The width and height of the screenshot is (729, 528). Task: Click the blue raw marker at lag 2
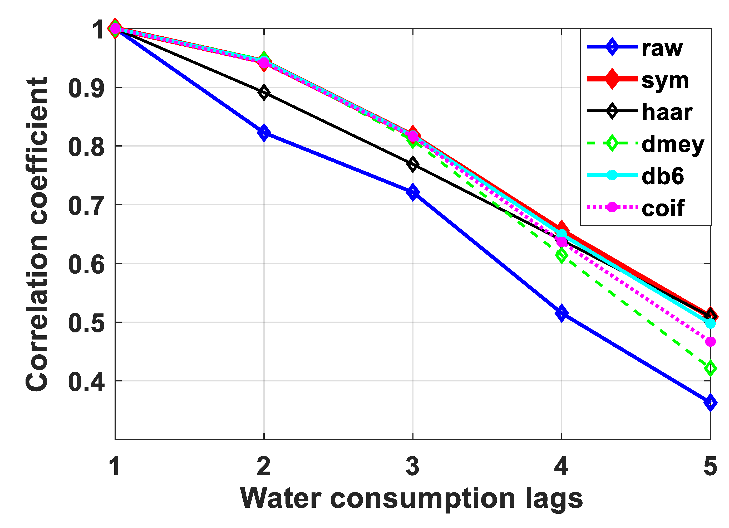click(x=264, y=133)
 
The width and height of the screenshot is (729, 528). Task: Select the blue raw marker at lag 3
click(x=413, y=192)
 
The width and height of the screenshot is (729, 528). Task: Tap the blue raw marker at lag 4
click(x=561, y=313)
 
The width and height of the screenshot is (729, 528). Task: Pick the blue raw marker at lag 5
click(x=710, y=403)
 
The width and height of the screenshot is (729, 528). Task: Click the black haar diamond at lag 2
click(x=264, y=93)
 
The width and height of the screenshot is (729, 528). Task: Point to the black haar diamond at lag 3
click(x=413, y=164)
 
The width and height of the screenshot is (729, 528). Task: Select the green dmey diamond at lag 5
click(x=710, y=368)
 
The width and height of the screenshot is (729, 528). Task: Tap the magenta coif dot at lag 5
click(x=710, y=342)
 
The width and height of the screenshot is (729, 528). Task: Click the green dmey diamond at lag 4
click(x=561, y=255)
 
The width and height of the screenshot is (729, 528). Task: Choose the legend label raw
click(x=662, y=49)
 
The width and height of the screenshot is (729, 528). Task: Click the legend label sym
click(x=665, y=81)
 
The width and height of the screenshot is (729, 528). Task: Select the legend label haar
click(x=667, y=112)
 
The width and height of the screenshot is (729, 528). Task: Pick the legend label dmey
click(x=673, y=145)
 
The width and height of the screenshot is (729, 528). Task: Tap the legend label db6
click(x=663, y=176)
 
